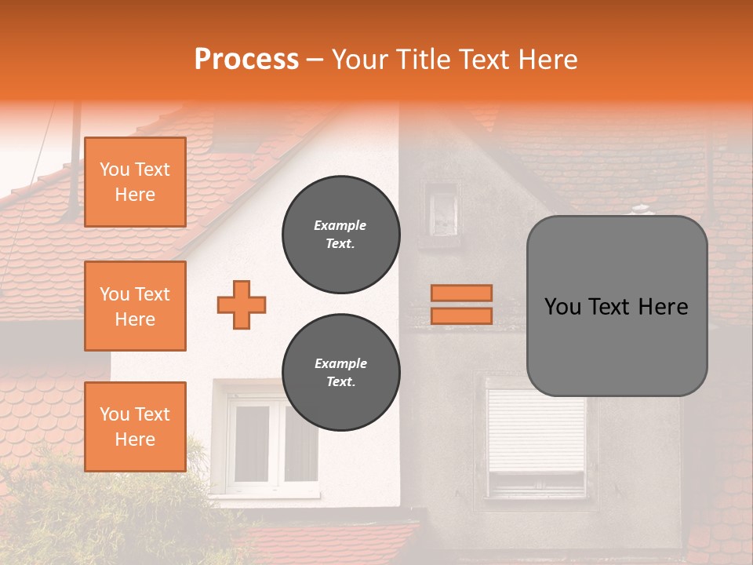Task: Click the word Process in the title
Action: click(x=246, y=60)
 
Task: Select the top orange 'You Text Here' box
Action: click(x=135, y=182)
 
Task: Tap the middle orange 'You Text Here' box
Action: click(x=135, y=306)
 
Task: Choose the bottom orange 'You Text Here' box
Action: click(x=135, y=427)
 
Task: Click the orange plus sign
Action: click(x=242, y=304)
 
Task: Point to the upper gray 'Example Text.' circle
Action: click(x=340, y=235)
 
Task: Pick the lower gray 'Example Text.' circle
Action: click(x=340, y=373)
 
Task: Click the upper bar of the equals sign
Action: click(x=461, y=293)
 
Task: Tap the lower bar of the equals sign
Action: click(x=461, y=315)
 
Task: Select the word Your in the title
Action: click(x=358, y=60)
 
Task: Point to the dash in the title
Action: click(x=315, y=60)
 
